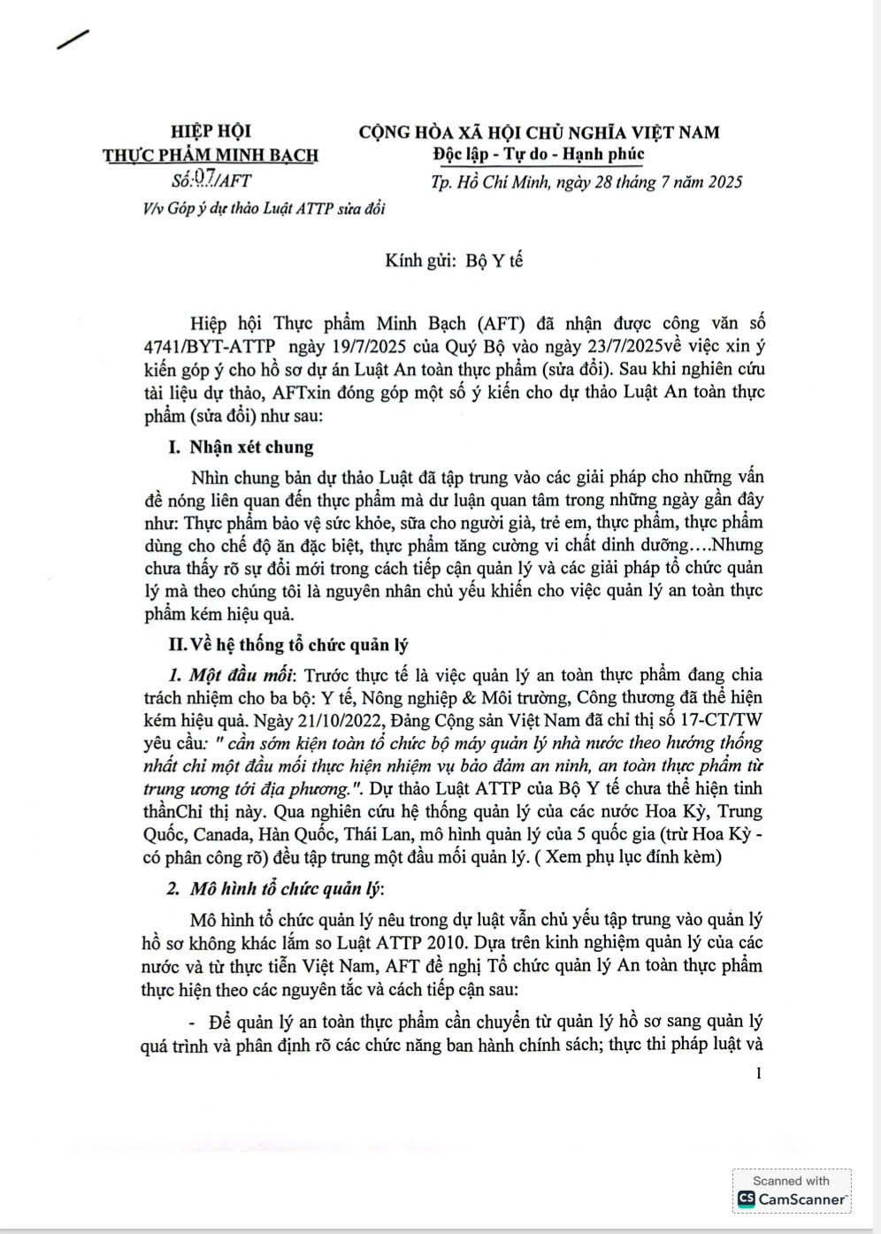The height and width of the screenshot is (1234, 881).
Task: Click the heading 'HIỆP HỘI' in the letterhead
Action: tap(211, 132)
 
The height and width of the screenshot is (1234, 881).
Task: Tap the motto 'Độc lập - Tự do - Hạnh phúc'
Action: tap(539, 155)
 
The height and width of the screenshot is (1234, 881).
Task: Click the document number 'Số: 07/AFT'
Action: tap(211, 180)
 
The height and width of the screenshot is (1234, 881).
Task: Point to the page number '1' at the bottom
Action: tap(759, 1074)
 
